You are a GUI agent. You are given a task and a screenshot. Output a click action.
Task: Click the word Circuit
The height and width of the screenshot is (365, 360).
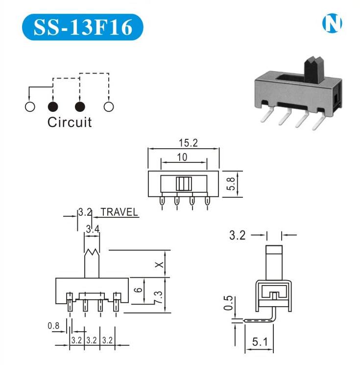70,122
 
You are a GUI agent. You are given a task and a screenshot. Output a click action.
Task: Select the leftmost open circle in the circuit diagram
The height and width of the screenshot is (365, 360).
29,106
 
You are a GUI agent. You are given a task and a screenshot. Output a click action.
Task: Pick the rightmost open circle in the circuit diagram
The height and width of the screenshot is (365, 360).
108,106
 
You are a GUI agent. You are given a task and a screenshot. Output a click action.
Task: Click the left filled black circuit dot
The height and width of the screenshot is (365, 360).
52,106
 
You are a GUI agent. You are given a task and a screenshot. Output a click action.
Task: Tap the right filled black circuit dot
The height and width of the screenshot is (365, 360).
80,106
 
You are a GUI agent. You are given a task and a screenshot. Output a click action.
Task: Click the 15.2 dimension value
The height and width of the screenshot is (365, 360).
188,143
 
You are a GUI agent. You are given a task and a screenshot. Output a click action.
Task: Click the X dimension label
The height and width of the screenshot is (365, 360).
158,264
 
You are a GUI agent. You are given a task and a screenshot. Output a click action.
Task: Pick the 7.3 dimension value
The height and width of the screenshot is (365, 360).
158,296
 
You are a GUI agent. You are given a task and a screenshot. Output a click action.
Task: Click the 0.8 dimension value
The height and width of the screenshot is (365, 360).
53,325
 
